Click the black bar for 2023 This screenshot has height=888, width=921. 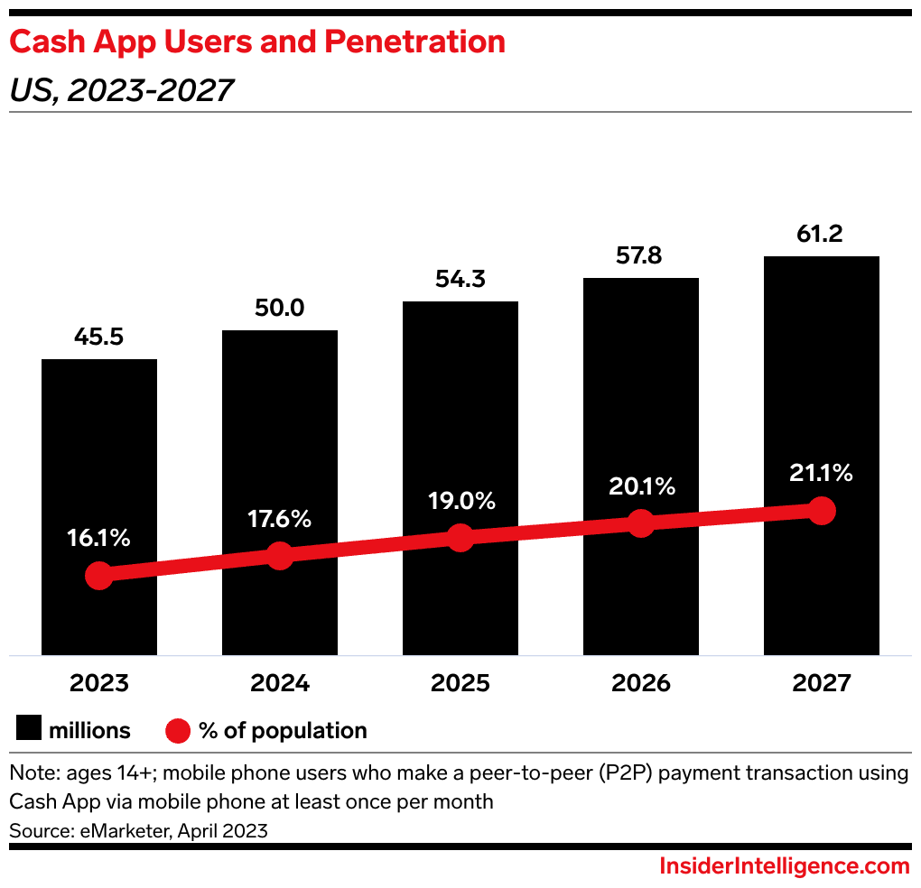[x=99, y=451]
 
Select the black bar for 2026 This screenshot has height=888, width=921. [x=641, y=406]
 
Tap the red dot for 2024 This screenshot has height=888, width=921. [x=280, y=556]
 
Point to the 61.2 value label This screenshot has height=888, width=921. [x=822, y=235]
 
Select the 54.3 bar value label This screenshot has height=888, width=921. [x=460, y=280]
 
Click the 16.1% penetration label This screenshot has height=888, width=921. [x=98, y=539]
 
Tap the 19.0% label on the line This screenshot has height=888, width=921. [x=460, y=501]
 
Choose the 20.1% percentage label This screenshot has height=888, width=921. [x=641, y=486]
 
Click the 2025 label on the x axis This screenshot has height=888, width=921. [x=460, y=683]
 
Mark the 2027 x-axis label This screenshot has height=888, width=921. [x=822, y=683]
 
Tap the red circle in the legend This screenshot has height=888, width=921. [x=178, y=729]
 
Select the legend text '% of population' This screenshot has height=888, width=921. [x=283, y=730]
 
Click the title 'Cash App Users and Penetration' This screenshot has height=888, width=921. [x=256, y=42]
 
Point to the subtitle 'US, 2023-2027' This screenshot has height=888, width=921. [x=121, y=90]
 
